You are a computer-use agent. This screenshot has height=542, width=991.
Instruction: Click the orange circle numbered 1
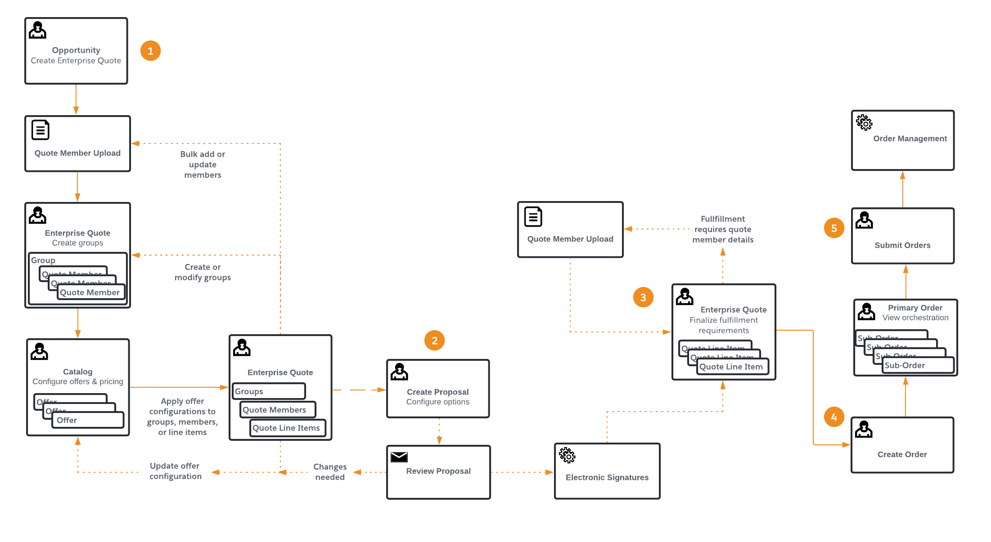(150, 51)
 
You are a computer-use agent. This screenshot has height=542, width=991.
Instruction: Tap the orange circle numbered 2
(434, 340)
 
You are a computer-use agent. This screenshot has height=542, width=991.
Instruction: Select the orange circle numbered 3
(643, 297)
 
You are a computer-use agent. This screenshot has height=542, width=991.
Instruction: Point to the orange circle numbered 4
(834, 417)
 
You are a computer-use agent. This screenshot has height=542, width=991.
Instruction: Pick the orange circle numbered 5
(834, 228)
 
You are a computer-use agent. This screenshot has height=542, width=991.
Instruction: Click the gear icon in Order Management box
(864, 122)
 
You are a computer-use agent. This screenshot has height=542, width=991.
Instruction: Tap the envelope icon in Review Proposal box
(399, 457)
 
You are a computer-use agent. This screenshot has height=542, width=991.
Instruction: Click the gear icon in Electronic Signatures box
(567, 455)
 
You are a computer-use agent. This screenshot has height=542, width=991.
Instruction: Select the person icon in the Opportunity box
(38, 30)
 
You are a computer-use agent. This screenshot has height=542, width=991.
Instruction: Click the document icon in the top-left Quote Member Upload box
(41, 130)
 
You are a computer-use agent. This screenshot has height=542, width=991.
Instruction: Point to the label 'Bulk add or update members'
(203, 164)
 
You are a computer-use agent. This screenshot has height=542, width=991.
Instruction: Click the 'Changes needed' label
(330, 472)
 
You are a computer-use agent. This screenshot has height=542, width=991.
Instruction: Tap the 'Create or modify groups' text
(203, 272)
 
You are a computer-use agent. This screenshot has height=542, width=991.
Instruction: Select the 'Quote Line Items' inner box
(287, 428)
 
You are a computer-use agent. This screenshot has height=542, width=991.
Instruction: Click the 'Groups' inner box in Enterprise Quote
(269, 391)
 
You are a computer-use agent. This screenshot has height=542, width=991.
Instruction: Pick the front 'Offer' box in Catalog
(88, 420)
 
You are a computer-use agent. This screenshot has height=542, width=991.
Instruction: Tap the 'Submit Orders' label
(902, 245)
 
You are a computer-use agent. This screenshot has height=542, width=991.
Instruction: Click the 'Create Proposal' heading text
(437, 392)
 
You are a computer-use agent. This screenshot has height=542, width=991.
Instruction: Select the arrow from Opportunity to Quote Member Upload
(76, 99)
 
